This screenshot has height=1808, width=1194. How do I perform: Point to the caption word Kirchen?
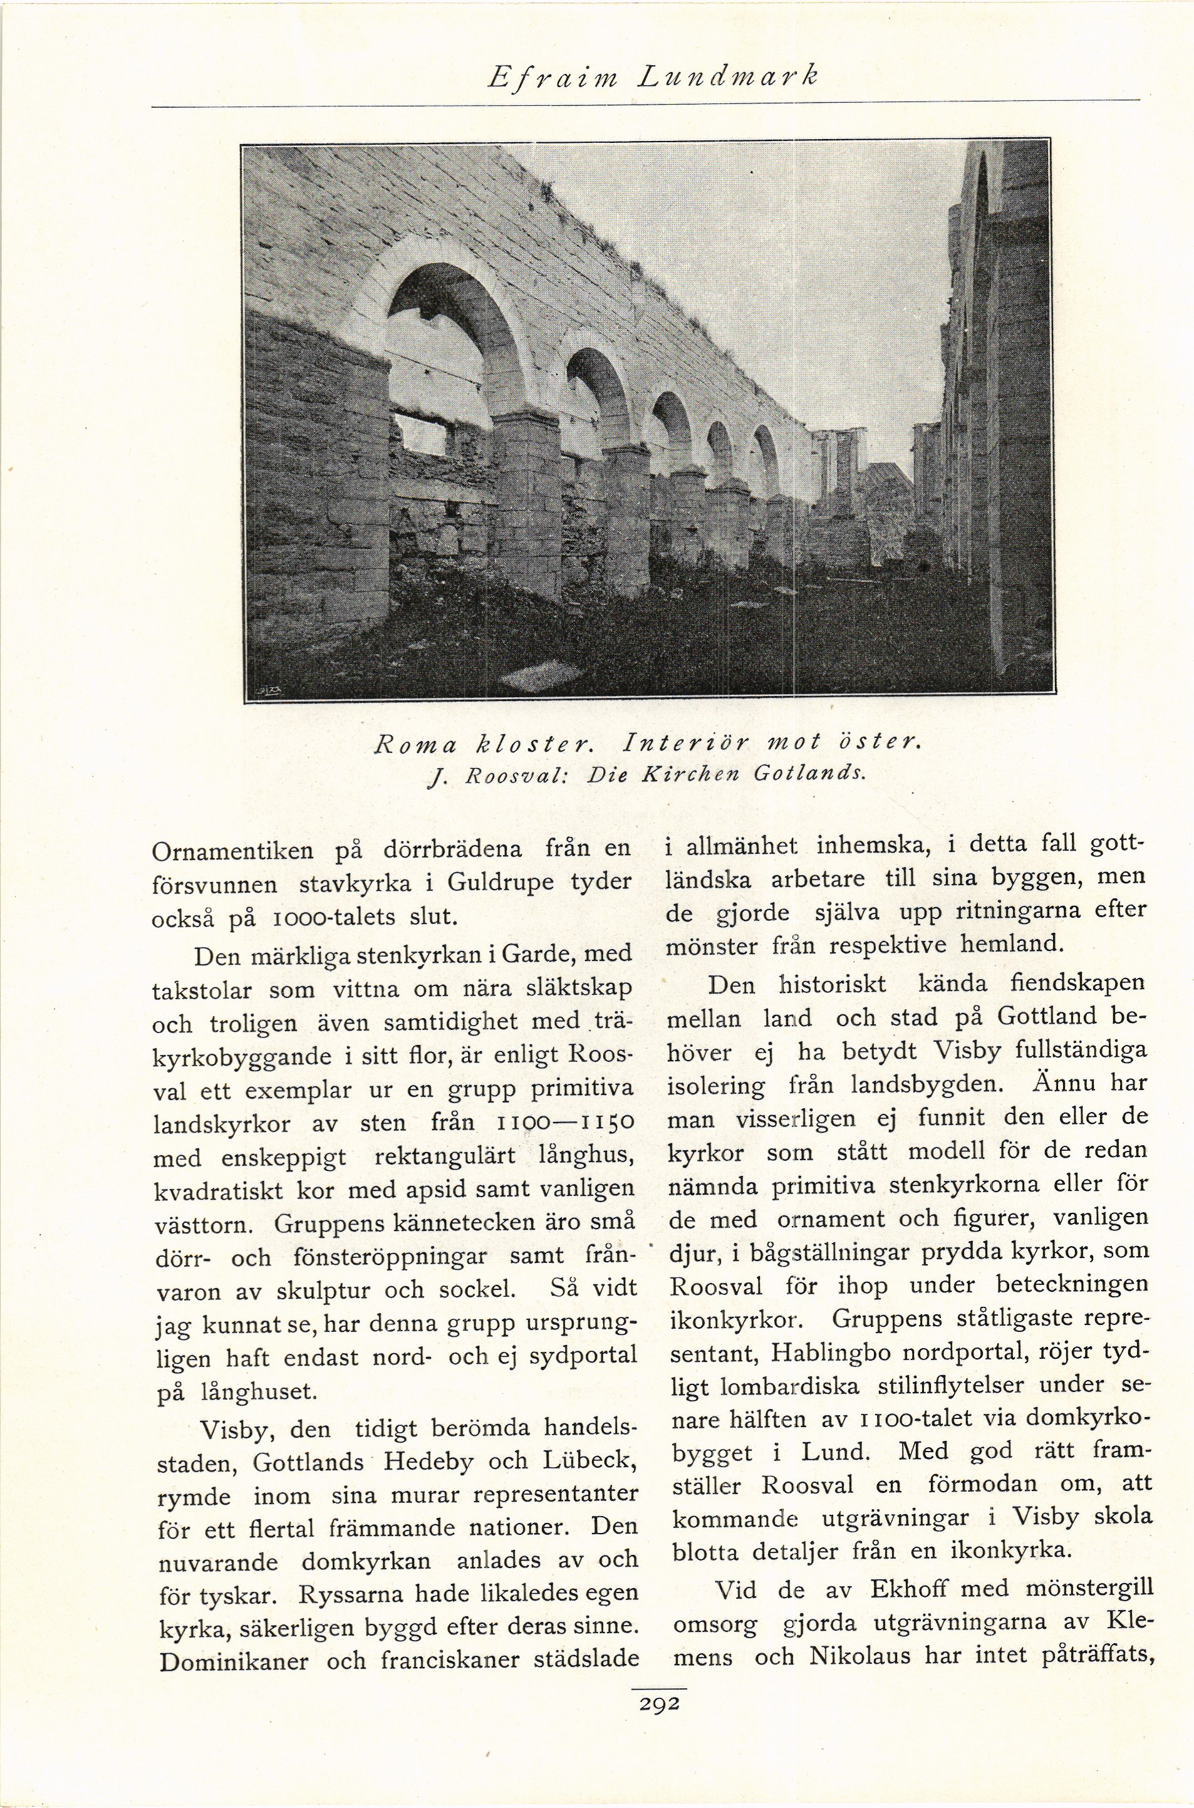(x=692, y=776)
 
